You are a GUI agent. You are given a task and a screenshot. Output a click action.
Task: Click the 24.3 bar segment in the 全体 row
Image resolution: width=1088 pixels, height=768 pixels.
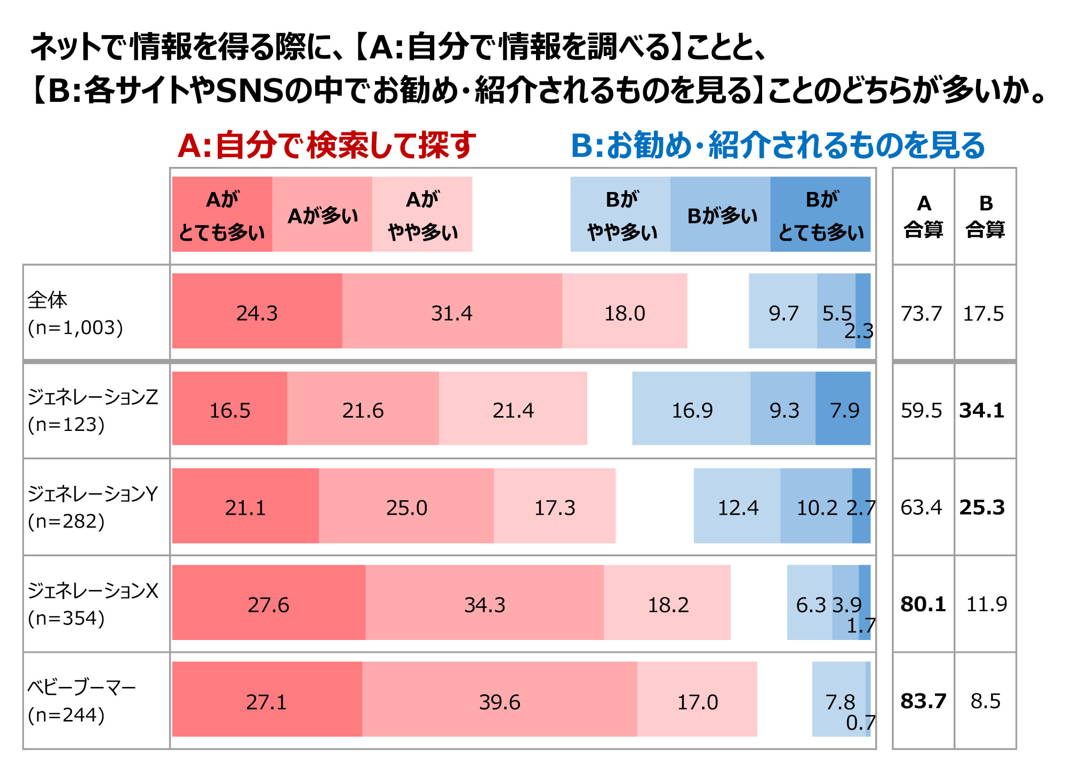click(257, 311)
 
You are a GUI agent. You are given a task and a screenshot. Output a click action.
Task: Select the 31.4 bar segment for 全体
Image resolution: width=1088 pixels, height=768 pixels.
click(452, 311)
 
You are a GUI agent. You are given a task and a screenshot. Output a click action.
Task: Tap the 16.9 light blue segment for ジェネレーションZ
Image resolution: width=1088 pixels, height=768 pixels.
click(691, 408)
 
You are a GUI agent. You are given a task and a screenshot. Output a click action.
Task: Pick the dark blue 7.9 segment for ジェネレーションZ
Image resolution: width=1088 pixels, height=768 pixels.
click(843, 408)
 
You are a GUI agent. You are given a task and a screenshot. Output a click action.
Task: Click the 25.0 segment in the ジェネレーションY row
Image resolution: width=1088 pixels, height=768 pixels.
click(406, 506)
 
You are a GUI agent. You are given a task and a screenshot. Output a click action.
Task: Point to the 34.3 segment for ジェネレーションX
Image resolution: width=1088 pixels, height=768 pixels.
click(484, 603)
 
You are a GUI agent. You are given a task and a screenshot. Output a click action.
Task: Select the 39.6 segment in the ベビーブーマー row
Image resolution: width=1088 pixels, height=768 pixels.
click(499, 699)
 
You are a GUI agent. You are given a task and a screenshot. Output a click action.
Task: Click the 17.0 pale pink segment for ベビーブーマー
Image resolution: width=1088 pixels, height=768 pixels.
click(697, 699)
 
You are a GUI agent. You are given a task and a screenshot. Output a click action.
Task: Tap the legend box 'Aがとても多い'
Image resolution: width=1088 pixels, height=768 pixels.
click(222, 214)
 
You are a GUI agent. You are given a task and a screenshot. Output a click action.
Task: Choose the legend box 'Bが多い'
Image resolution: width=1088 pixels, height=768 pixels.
click(721, 214)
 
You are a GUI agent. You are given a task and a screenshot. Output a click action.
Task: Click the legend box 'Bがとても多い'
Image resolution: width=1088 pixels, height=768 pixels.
click(821, 214)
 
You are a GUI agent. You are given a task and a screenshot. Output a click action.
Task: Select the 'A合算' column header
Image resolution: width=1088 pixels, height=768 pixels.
click(923, 216)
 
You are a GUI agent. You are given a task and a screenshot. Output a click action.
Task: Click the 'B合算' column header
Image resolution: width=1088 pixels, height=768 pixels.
click(985, 216)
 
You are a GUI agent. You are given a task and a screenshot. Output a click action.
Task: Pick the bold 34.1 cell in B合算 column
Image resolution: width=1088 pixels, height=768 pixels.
click(982, 410)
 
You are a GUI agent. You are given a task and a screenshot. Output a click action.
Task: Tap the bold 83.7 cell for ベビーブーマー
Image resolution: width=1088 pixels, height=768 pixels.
click(923, 701)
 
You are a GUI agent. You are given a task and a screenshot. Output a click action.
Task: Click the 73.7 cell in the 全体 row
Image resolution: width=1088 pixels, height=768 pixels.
click(922, 313)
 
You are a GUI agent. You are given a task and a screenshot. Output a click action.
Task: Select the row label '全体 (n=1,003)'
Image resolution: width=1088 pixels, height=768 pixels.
click(75, 314)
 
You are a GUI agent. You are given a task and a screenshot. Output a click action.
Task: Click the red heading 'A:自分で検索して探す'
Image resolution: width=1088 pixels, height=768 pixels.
click(326, 145)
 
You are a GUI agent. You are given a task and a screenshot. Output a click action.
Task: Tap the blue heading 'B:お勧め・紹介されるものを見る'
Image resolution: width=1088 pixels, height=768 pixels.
click(778, 145)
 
